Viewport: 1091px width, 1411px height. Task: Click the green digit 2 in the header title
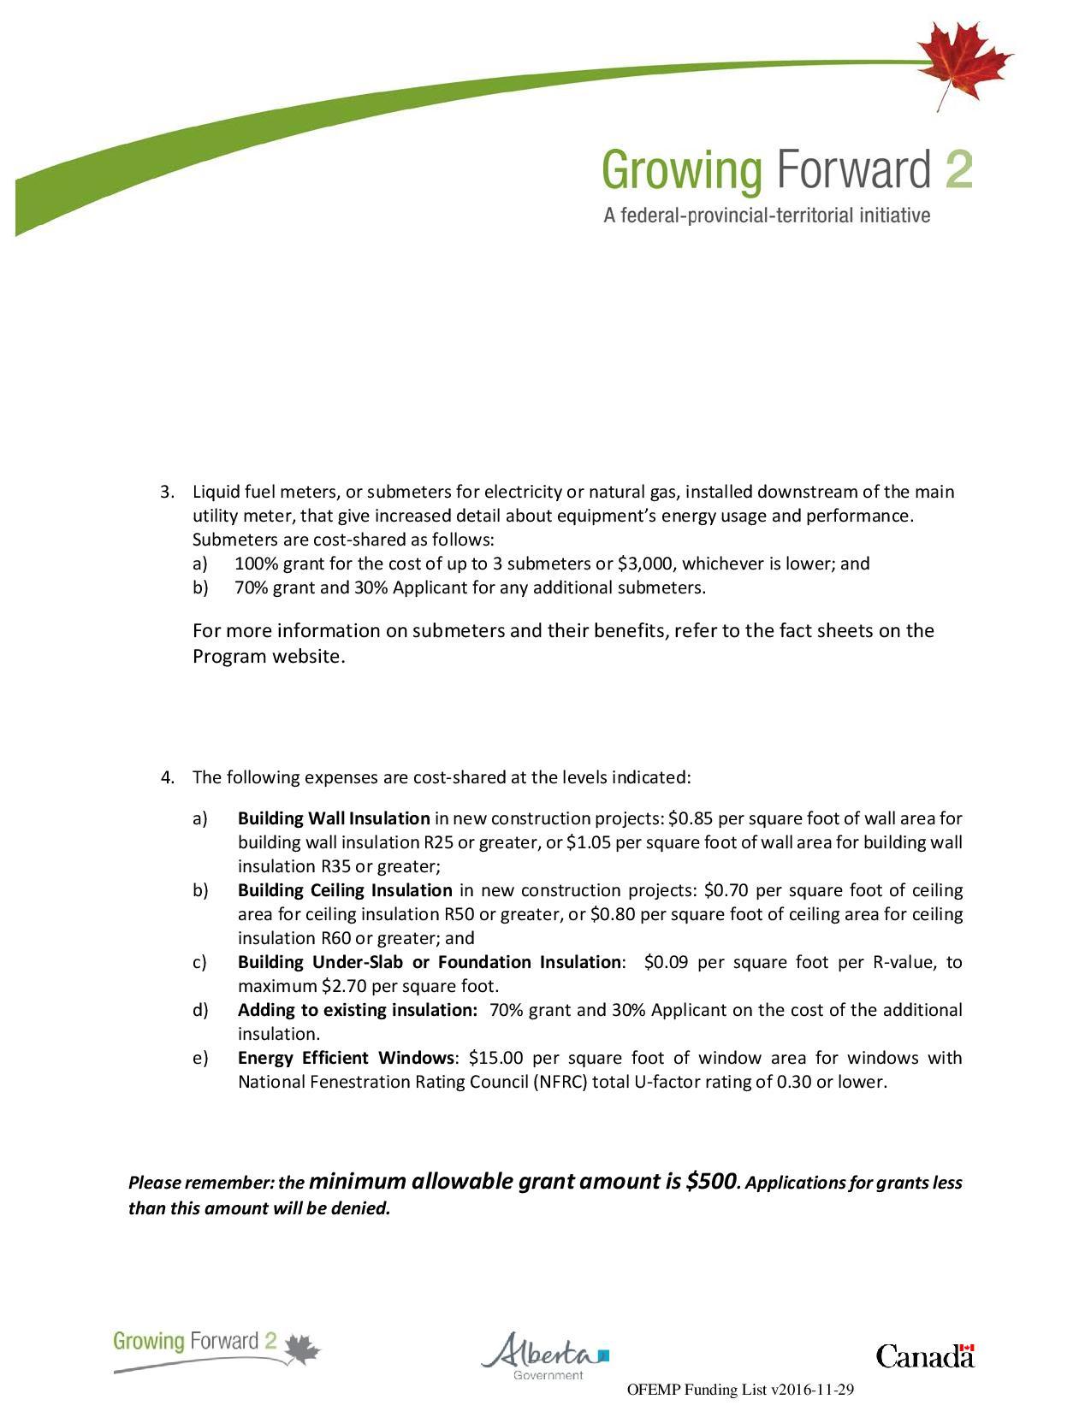pos(960,170)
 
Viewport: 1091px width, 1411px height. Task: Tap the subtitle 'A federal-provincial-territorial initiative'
pos(767,215)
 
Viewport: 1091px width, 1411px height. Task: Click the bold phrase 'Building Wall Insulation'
pos(334,818)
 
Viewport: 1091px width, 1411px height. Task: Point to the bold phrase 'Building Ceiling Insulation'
pos(344,890)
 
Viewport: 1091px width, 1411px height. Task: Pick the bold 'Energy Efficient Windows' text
pos(345,1058)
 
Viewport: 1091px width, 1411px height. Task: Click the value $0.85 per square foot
pos(690,818)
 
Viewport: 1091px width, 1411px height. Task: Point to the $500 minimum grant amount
pos(710,1182)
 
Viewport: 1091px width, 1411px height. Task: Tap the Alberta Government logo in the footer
pos(545,1355)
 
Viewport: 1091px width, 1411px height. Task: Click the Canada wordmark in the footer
pos(925,1355)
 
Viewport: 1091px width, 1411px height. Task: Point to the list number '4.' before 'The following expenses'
pos(169,777)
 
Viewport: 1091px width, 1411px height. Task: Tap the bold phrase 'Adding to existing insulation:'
pos(357,1010)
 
